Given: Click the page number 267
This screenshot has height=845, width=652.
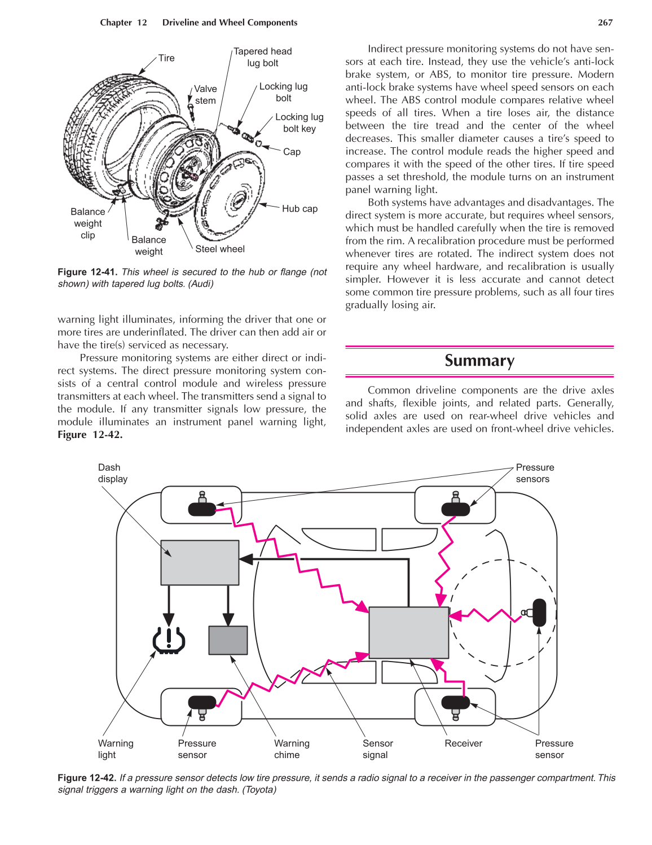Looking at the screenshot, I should click(x=605, y=23).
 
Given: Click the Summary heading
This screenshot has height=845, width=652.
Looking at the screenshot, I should click(x=479, y=361).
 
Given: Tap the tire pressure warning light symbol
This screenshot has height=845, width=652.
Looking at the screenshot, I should click(x=169, y=641).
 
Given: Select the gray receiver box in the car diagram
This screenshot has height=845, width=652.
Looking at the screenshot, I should click(x=408, y=632).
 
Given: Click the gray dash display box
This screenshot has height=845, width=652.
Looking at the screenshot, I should click(x=200, y=562).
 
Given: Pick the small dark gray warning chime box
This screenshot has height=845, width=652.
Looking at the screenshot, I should click(x=228, y=640).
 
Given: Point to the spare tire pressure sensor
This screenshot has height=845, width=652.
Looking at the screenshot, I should click(x=538, y=612).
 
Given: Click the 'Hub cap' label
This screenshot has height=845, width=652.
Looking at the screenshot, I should click(x=299, y=209).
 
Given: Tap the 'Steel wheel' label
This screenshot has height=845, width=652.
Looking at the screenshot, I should click(x=220, y=249).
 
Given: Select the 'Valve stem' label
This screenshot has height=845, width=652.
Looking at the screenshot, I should click(x=205, y=95).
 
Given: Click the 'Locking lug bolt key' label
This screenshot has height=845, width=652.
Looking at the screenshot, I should click(x=299, y=123).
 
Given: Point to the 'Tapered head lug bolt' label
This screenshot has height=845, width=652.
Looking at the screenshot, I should click(x=263, y=57).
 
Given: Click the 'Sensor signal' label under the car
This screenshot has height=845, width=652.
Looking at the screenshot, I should click(x=377, y=749).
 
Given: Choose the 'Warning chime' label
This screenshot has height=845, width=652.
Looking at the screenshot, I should click(x=292, y=749).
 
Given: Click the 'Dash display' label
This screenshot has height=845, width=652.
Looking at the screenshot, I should click(x=112, y=473).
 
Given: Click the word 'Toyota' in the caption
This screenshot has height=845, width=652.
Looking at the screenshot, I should click(x=259, y=790).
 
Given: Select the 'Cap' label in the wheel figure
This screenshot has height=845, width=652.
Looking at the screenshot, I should click(x=292, y=152).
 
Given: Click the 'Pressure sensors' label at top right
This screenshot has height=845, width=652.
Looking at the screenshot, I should click(x=535, y=473).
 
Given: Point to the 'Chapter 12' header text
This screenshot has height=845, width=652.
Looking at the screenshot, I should click(x=124, y=23).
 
